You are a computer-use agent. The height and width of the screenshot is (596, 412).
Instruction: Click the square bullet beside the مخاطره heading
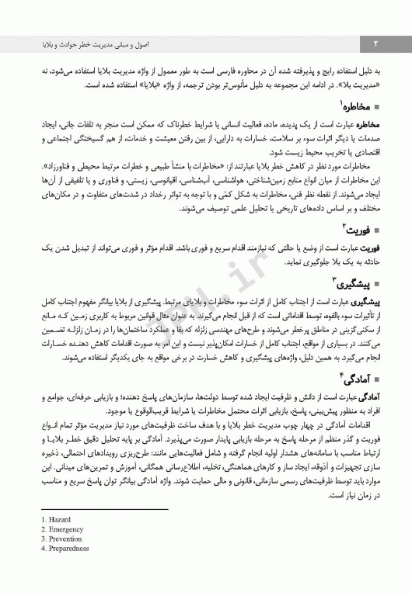(x=377, y=108)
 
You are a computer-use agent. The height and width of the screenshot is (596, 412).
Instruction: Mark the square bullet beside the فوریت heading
(x=377, y=230)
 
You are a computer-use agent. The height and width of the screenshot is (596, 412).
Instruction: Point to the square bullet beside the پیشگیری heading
(x=377, y=283)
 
